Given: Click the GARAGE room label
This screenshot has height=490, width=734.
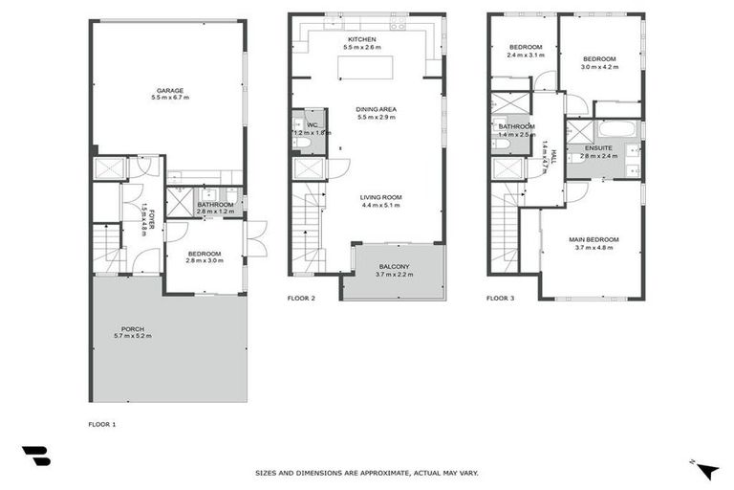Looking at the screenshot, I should [170, 90].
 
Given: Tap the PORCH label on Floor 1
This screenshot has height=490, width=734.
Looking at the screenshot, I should [133, 329].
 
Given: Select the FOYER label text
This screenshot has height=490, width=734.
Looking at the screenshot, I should [151, 221].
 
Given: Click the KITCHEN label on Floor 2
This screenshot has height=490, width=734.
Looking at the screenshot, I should [362, 39].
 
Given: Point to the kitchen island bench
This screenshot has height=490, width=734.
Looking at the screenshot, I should [362, 68].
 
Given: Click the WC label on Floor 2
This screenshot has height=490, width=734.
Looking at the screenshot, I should [312, 124].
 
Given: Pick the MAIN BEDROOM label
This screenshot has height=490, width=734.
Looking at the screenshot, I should [594, 239].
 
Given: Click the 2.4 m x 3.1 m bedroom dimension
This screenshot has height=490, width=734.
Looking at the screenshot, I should [526, 56].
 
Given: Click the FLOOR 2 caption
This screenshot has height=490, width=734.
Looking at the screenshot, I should [301, 299].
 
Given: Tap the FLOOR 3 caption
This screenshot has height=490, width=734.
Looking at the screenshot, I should [500, 299].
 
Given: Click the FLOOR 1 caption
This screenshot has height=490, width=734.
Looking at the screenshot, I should [101, 422].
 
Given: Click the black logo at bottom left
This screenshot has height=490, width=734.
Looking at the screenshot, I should [35, 457].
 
